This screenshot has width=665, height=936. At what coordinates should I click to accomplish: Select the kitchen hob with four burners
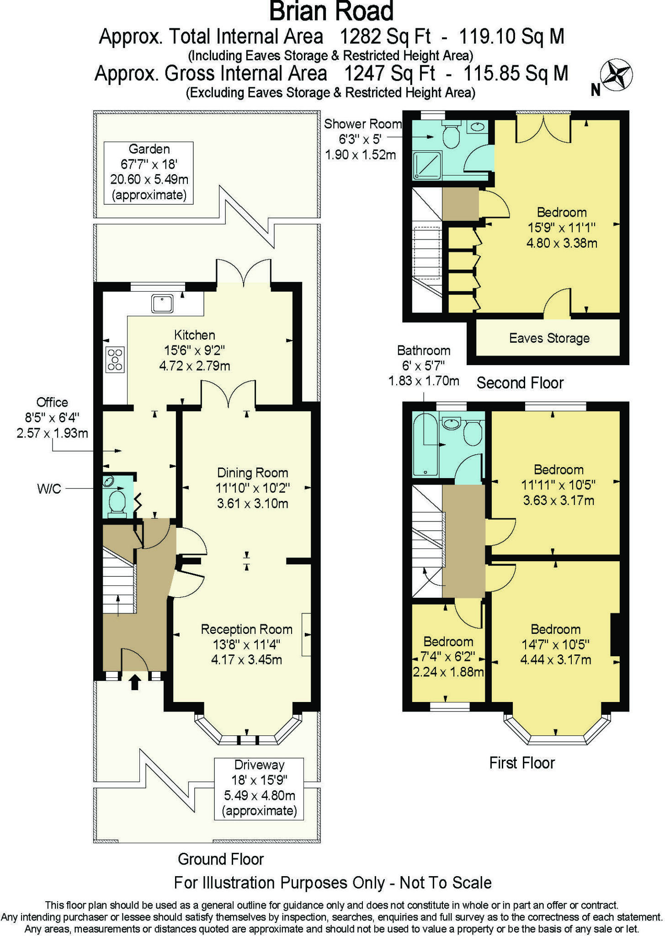(x=115, y=360)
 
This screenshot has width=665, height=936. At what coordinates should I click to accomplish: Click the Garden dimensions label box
(x=149, y=172)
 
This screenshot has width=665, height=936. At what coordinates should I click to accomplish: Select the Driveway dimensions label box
(x=259, y=788)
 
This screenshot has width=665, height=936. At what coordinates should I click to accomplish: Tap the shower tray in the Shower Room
(x=427, y=165)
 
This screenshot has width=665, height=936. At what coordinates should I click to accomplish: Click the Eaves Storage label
(x=549, y=339)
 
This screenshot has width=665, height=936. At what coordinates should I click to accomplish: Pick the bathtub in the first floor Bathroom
(x=425, y=445)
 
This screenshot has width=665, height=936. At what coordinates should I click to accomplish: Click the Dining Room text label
(x=252, y=473)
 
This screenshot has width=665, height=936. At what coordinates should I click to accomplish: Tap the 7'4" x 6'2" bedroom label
(x=448, y=657)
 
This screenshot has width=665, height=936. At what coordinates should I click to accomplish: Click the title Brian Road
(x=331, y=12)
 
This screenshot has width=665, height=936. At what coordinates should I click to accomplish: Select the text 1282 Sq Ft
(x=385, y=37)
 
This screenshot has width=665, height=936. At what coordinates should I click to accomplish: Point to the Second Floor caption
(x=520, y=383)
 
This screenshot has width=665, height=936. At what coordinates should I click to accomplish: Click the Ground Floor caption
(x=221, y=859)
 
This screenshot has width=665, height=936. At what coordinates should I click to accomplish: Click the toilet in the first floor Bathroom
(x=473, y=433)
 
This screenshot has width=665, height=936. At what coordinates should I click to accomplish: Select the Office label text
(x=52, y=402)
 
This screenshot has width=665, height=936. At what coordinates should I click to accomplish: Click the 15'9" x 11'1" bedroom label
(x=561, y=228)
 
